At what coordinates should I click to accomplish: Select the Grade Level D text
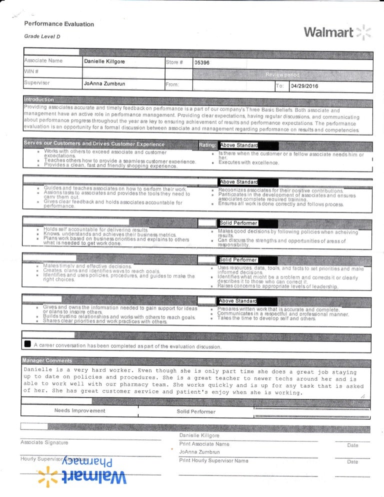click(42, 36)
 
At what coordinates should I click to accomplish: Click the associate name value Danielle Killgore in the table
click(105, 61)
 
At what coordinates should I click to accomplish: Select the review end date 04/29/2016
click(303, 85)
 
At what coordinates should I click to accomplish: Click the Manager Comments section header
click(47, 360)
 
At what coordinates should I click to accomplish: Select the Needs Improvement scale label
click(79, 410)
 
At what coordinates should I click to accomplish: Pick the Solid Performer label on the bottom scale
click(196, 411)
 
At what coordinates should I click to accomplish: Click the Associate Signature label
click(44, 442)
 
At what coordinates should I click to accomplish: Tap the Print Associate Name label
click(204, 443)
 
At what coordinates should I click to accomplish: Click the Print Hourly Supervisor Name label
click(213, 460)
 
